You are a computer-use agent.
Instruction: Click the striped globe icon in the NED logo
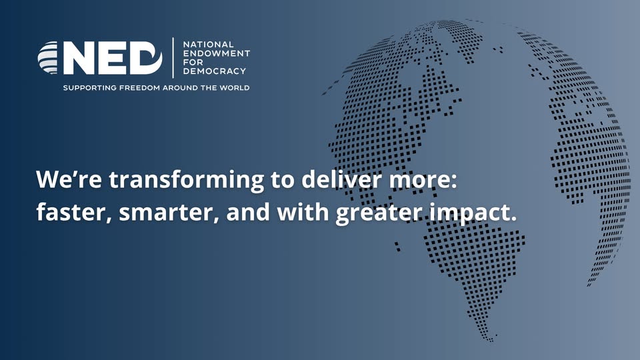pyautogui.click(x=48, y=57)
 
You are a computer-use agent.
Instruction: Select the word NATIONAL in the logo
pyautogui.click(x=208, y=44)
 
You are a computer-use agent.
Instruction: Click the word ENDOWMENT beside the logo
pyautogui.click(x=216, y=53)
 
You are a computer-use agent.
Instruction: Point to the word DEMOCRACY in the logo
pyautogui.click(x=215, y=71)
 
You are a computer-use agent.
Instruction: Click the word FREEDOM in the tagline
pyautogui.click(x=139, y=88)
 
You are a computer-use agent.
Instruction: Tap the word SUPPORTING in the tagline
pyautogui.click(x=90, y=88)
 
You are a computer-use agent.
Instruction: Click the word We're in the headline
pyautogui.click(x=69, y=179)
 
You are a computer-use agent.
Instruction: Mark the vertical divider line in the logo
pyautogui.click(x=173, y=57)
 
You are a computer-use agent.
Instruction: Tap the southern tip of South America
pyautogui.click(x=491, y=339)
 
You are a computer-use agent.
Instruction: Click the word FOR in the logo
pyautogui.click(x=193, y=62)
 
